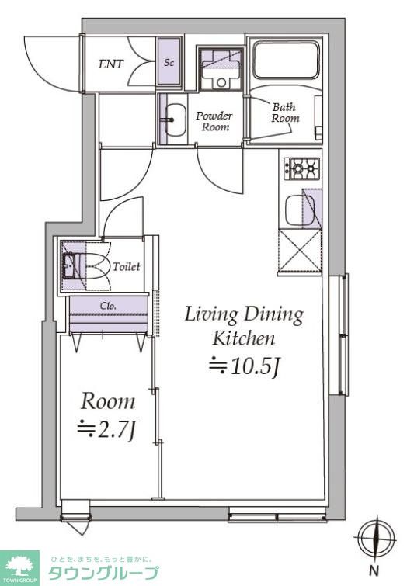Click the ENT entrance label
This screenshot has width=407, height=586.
click(111, 64)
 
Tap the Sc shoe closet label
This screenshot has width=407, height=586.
click(169, 62)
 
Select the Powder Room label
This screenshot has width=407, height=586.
click(214, 121)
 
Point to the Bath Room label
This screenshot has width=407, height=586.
click(285, 113)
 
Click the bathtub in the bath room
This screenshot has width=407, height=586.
click(287, 60)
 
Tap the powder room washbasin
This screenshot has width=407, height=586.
click(175, 120)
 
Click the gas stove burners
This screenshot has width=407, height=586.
click(302, 169)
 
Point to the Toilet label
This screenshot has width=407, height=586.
click(127, 266)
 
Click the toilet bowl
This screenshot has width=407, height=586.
click(92, 266)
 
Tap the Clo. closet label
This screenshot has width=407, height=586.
click(108, 306)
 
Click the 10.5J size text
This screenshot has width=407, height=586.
click(244, 366)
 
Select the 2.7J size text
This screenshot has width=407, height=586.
click(106, 431)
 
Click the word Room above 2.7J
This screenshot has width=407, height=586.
click(108, 401)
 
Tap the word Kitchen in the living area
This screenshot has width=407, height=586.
click(244, 338)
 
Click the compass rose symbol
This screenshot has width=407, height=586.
click(377, 538)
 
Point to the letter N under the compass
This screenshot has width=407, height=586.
click(374, 571)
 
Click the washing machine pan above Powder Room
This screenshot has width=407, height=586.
click(221, 68)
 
